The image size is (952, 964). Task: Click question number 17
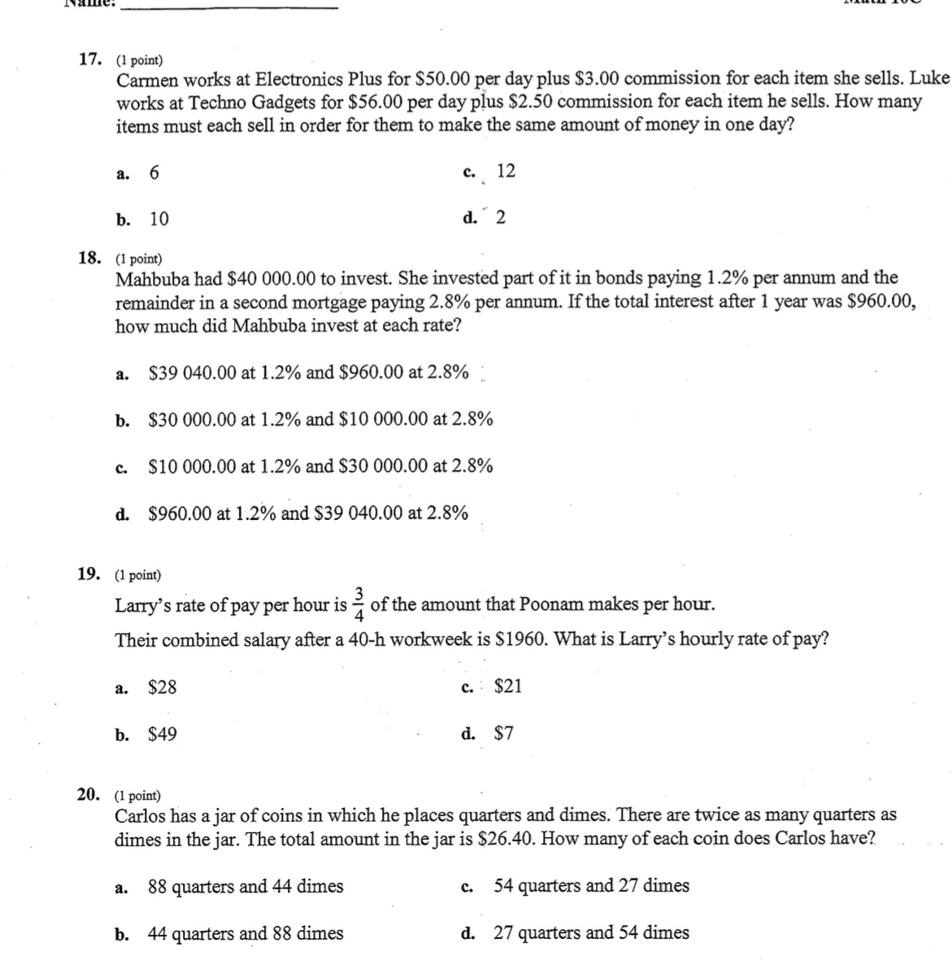click(89, 59)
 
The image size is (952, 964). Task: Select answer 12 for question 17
click(506, 171)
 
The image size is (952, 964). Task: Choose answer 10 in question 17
click(159, 219)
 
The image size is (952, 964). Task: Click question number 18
click(89, 259)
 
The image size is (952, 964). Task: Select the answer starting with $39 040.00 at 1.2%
click(308, 373)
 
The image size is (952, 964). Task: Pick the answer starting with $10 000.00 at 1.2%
click(320, 466)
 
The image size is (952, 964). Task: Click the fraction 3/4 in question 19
click(361, 603)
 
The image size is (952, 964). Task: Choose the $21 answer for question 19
click(508, 687)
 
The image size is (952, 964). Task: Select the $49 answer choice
click(162, 735)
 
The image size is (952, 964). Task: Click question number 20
click(89, 795)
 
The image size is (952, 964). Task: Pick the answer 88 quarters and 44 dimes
click(246, 886)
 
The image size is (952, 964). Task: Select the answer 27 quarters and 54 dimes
click(591, 933)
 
